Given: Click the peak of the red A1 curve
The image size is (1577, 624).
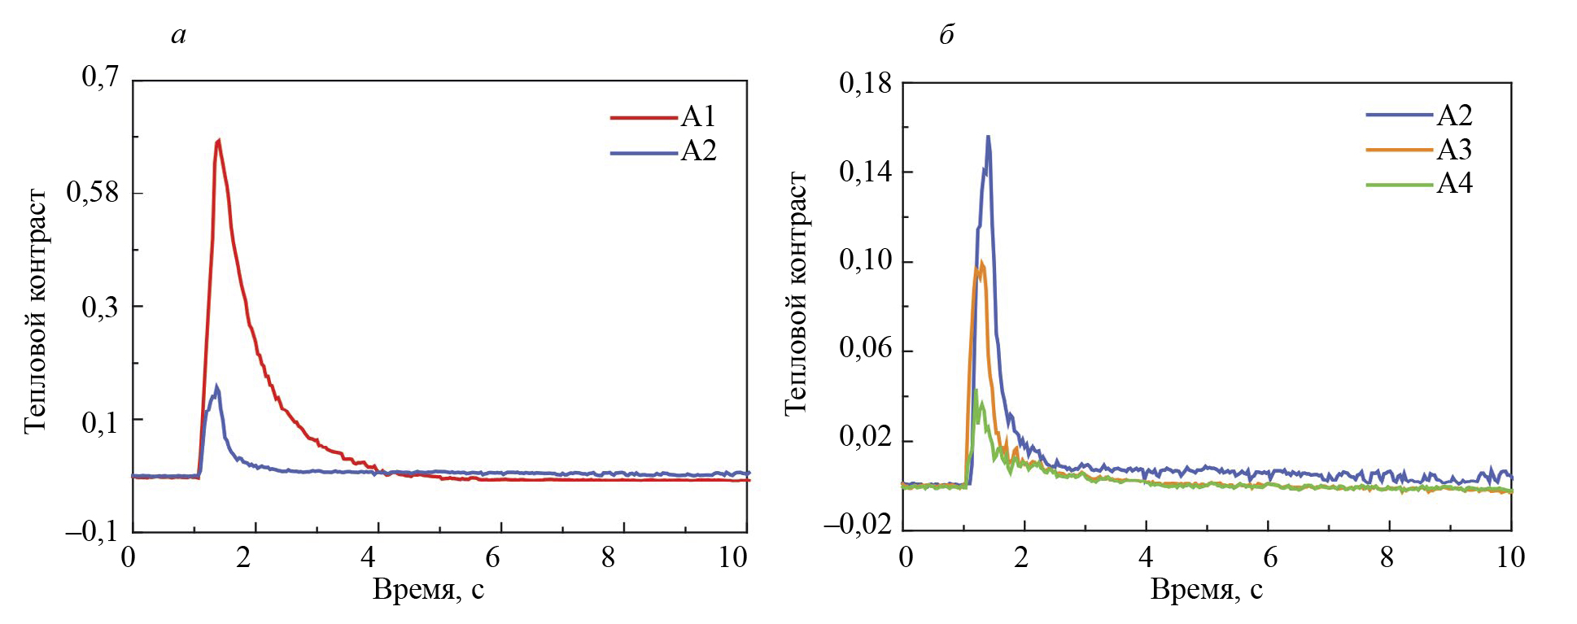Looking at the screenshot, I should point(218,141).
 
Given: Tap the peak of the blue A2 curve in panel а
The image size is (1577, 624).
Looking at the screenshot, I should point(216,386).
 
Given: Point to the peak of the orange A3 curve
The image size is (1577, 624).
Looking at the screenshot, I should point(982,262).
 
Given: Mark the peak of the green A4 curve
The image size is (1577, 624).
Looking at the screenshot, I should point(976,391).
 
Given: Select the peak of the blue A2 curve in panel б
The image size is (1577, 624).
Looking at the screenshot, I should point(988,137).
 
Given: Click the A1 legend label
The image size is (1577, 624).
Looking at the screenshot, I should point(698,117).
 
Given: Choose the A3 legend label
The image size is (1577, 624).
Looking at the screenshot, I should point(1454,151).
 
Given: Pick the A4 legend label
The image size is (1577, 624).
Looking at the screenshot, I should point(1454,185).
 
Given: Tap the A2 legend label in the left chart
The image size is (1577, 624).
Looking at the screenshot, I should point(698,152).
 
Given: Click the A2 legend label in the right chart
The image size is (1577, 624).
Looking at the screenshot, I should point(1454,116).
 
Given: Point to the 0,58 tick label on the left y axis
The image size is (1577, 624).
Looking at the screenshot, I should point(93,193).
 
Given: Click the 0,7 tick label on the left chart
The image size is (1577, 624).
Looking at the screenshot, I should point(100,77).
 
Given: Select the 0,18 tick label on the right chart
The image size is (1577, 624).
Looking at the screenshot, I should point(866,83).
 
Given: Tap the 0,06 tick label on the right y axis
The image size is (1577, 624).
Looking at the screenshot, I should point(866,350).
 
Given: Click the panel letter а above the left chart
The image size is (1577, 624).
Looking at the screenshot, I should point(179,35).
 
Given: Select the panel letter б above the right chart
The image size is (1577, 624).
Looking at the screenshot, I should point(946,35).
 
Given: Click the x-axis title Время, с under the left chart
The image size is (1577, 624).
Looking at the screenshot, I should point(428,589).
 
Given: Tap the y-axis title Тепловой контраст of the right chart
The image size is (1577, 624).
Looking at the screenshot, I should point(796,293).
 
